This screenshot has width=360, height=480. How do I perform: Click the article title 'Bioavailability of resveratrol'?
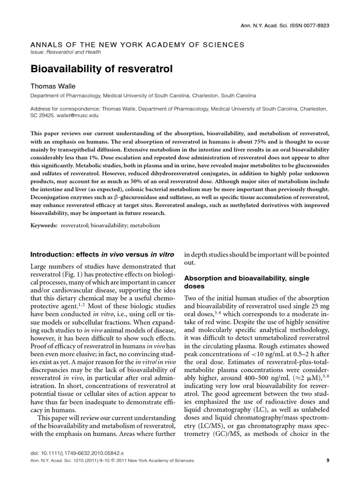click(x=102, y=69)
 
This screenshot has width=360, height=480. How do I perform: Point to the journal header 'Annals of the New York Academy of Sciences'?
click(x=137, y=45)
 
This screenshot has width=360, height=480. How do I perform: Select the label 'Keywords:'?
click(x=44, y=225)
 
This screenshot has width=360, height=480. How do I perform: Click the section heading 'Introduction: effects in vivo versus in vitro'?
click(x=102, y=255)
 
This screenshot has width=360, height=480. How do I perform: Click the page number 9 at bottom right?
click(x=328, y=460)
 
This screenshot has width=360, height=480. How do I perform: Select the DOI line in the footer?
click(x=76, y=453)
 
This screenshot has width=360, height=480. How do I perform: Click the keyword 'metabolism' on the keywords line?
click(x=145, y=225)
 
